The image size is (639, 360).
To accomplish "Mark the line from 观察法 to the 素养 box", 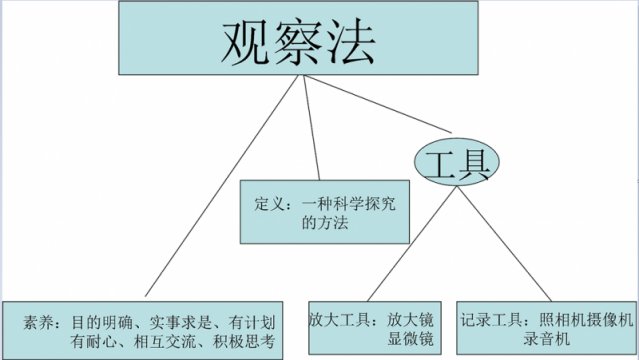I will pos(220,190).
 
